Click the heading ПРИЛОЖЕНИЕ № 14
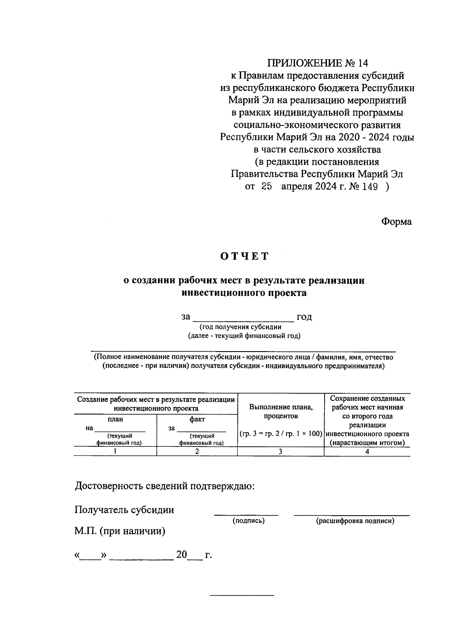(317, 63)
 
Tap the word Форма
(396, 222)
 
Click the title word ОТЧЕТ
(245, 257)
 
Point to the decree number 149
(369, 187)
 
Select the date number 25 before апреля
(267, 187)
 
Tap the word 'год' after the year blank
(304, 317)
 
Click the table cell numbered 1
(115, 451)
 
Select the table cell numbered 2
(197, 451)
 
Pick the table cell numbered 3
(281, 451)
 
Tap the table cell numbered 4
(367, 451)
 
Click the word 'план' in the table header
(115, 419)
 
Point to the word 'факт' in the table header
(197, 419)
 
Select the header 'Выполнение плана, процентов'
(281, 411)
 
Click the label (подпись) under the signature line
(248, 521)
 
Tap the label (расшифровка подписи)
(355, 521)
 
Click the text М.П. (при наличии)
(120, 531)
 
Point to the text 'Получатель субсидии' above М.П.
(124, 510)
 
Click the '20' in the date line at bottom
(181, 555)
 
